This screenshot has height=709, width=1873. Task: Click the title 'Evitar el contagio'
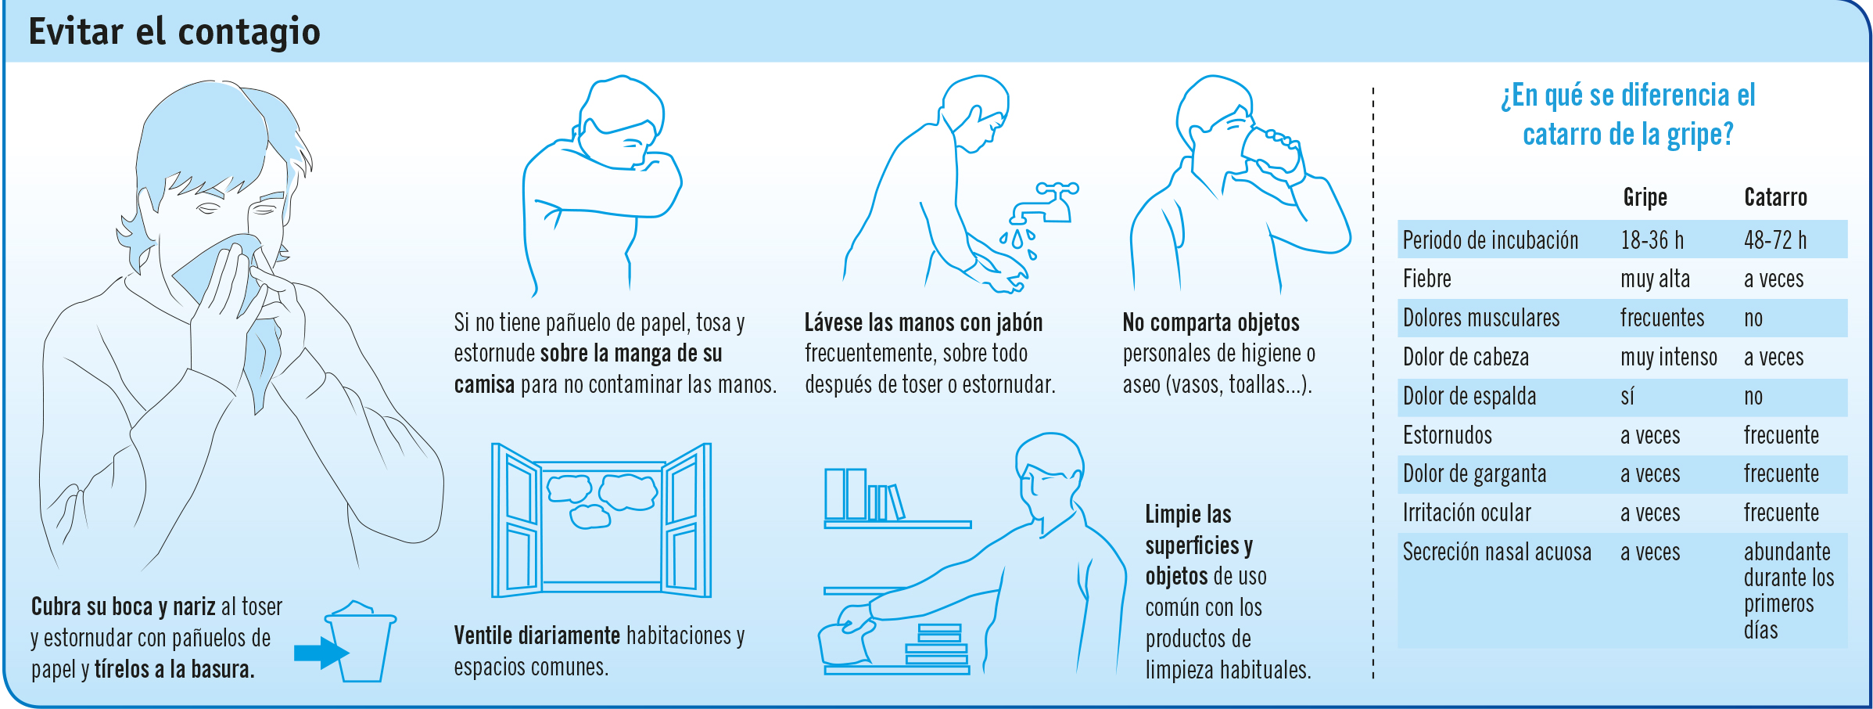[174, 32]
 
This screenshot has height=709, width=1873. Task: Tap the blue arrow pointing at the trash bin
[321, 652]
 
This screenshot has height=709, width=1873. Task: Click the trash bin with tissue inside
[361, 642]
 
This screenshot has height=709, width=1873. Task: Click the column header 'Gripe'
[1645, 197]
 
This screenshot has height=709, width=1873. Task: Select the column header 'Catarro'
[1775, 197]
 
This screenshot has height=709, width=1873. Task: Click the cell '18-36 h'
[1652, 239]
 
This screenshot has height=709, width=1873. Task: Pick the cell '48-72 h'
[1774, 239]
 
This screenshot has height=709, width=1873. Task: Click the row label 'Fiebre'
[1426, 279]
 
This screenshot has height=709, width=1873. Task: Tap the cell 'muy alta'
[1655, 279]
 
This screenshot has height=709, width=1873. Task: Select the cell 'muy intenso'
[1669, 358]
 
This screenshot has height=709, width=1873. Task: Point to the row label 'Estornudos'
[1447, 435]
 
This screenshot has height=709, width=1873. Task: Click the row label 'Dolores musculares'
[1480, 318]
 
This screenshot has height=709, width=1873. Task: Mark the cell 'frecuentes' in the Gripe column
[1662, 318]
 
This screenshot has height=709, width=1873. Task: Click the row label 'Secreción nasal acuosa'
[1497, 552]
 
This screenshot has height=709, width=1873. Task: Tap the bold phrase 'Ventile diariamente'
[536, 635]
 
